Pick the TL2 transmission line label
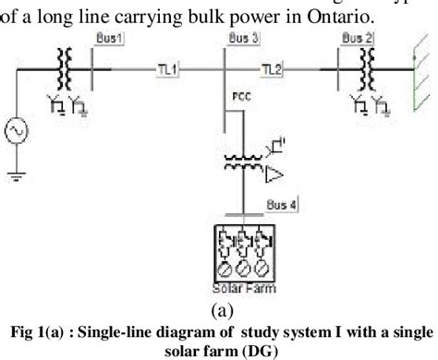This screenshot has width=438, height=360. [271, 68]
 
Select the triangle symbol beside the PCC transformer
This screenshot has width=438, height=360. [274, 172]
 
